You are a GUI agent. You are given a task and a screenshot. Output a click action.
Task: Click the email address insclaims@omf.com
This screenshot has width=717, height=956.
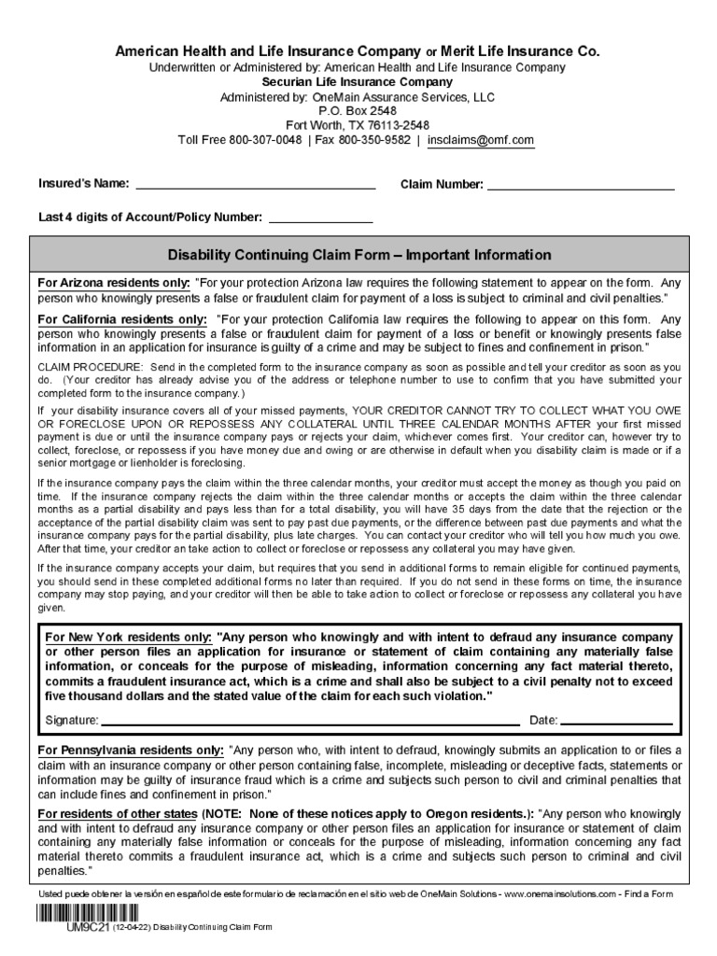(x=481, y=140)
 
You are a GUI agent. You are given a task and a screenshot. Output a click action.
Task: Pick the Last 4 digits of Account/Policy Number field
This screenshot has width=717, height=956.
(x=320, y=218)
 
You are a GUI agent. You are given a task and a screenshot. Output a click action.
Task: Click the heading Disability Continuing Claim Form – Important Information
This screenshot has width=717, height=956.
(x=358, y=255)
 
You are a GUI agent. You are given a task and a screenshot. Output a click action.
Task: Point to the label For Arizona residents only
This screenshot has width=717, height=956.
(x=113, y=283)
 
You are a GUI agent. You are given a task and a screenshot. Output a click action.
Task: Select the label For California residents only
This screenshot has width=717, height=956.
(x=121, y=318)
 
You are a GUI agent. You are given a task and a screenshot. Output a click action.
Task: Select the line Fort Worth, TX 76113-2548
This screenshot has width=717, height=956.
(x=358, y=125)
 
